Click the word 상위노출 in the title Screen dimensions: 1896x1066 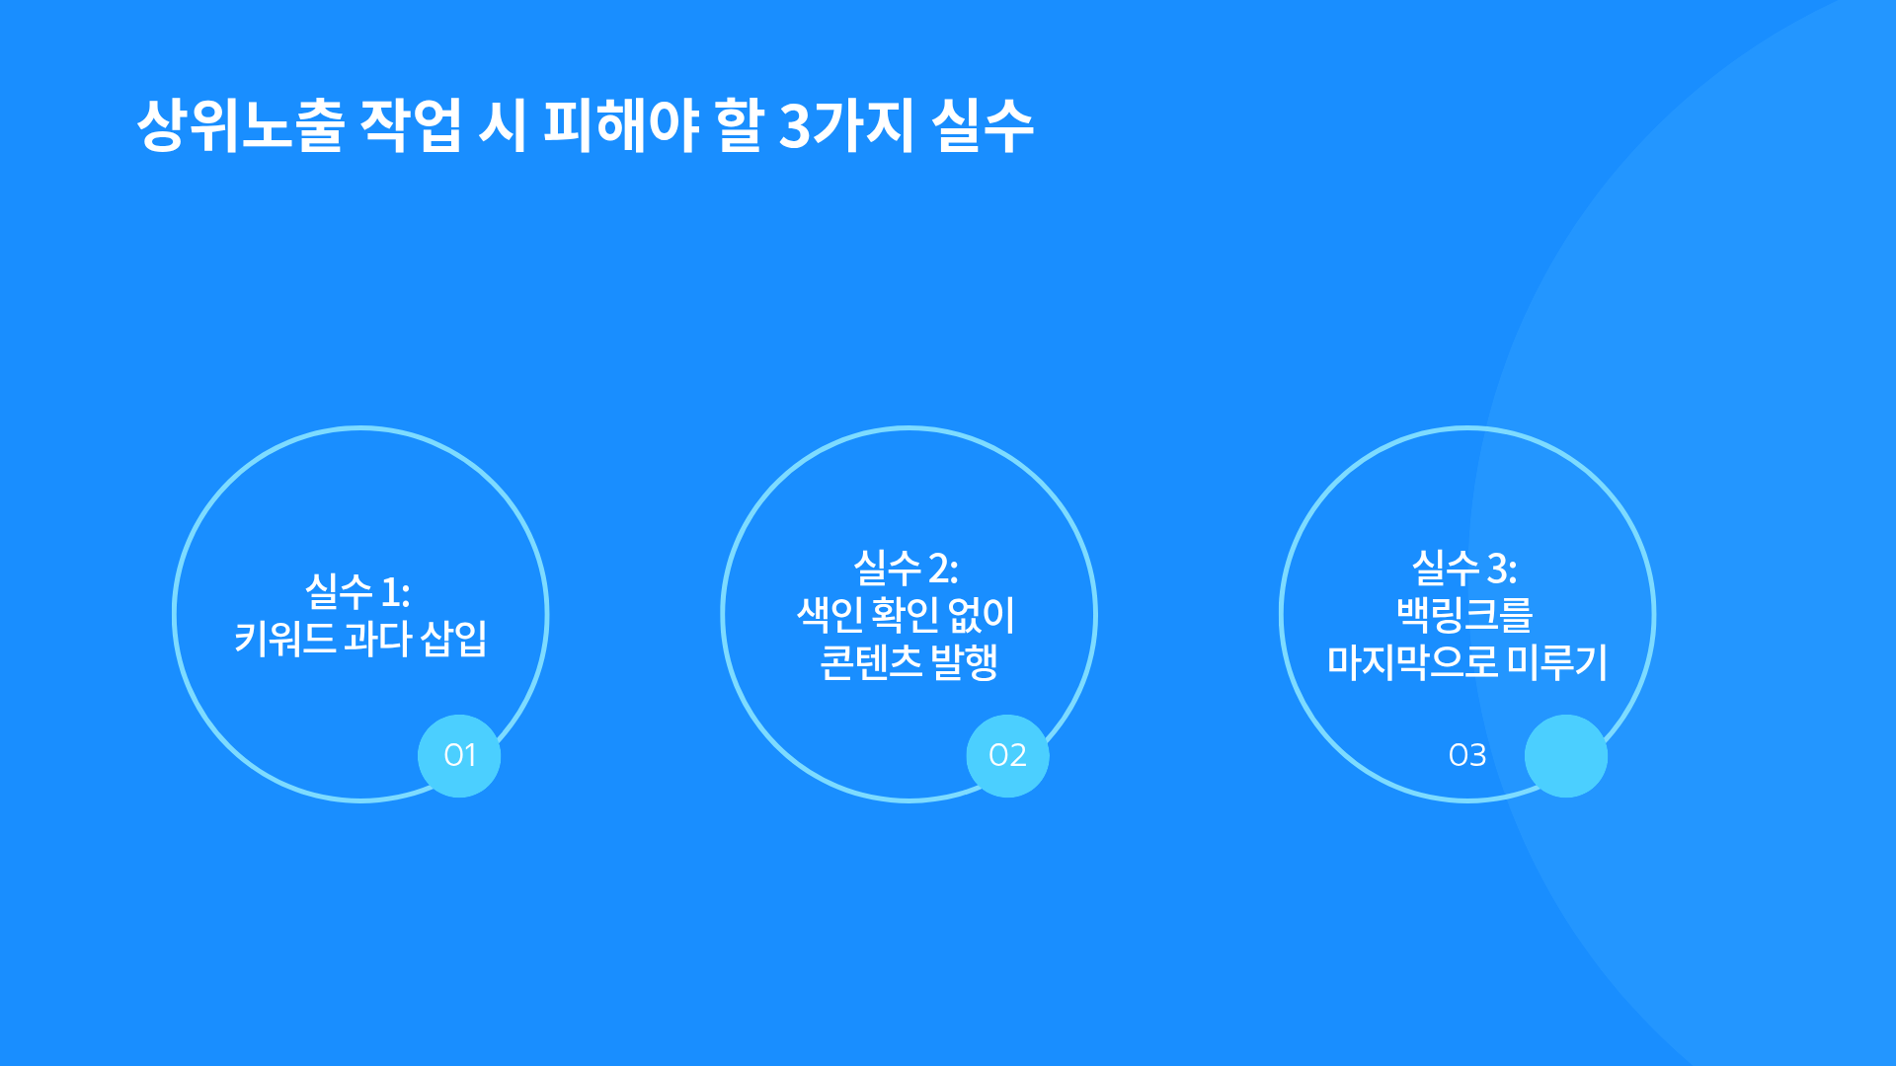(241, 125)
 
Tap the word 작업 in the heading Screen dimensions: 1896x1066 (411, 125)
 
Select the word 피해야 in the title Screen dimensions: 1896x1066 (621, 125)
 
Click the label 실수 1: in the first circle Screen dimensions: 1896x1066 (357, 591)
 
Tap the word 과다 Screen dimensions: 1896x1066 (378, 639)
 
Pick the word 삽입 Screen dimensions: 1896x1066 (454, 639)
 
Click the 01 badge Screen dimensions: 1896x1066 (459, 755)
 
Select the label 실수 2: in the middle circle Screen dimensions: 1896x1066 (906, 568)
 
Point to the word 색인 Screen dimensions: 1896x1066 (830, 614)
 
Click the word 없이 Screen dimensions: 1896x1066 (982, 614)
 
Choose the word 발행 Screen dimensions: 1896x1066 (964, 661)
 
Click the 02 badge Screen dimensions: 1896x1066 (1007, 755)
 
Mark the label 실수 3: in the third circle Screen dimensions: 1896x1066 (1464, 568)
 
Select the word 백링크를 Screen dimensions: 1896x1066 (1464, 614)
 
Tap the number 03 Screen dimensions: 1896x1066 (1467, 755)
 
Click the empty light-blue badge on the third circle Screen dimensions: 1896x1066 (1566, 755)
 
